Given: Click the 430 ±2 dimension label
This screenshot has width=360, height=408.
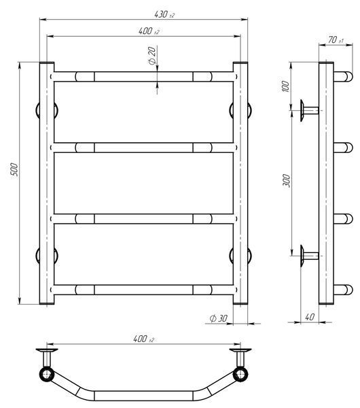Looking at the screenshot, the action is [x=164, y=14].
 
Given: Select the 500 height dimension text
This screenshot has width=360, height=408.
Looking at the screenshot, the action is [x=15, y=169].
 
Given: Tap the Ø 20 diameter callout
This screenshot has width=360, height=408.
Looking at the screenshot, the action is [x=152, y=56].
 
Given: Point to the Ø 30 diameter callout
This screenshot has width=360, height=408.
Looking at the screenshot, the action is [x=218, y=318].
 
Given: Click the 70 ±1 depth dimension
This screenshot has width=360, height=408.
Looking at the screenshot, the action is [x=336, y=40].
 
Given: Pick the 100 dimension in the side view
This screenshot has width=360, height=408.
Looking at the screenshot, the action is [x=285, y=86].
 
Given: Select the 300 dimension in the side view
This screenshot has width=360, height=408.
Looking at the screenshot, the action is [x=286, y=181].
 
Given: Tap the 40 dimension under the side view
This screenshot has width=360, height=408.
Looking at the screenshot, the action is [x=310, y=317].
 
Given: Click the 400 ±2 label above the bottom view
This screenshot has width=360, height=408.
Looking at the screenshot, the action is [x=143, y=339].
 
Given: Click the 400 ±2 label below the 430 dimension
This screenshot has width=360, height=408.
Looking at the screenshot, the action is [x=149, y=31].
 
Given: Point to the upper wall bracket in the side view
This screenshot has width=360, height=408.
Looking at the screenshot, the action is [x=309, y=110].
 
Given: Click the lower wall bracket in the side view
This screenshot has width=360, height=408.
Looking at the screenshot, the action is [x=309, y=256].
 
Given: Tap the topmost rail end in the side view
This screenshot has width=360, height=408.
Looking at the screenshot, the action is [x=343, y=77].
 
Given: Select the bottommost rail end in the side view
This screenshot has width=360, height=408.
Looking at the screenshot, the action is [x=343, y=290].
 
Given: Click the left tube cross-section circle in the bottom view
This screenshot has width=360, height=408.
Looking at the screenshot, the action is [x=47, y=375].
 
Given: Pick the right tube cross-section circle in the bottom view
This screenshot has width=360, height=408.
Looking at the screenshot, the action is [x=240, y=375].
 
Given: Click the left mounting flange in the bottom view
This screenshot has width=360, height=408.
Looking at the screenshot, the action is [x=47, y=350].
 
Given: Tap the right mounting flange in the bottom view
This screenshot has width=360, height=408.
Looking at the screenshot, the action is [x=240, y=350].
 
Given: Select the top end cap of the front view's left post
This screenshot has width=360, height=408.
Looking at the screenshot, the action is [x=47, y=63].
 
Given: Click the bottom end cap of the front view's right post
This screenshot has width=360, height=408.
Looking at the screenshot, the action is [x=240, y=303].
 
